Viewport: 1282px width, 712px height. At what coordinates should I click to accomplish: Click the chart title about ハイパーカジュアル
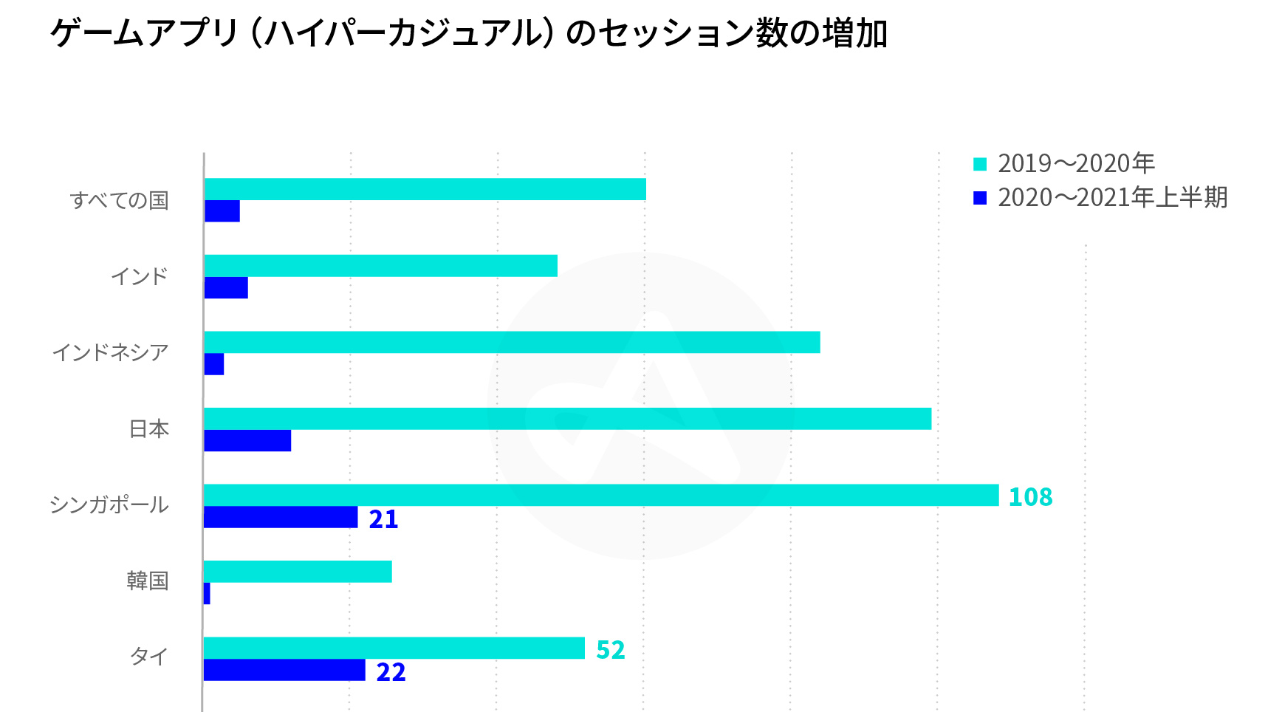click(468, 34)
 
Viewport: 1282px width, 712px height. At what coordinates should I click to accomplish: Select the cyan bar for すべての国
click(425, 189)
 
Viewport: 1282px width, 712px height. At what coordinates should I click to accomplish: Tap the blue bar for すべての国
click(222, 211)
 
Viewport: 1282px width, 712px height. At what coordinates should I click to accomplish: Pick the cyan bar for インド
click(380, 266)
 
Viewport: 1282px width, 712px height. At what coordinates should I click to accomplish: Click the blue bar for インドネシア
click(214, 364)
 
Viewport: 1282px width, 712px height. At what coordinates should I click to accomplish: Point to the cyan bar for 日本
click(567, 419)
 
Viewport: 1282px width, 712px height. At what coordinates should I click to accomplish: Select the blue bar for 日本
click(247, 440)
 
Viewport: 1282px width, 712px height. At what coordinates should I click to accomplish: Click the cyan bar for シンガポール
click(600, 495)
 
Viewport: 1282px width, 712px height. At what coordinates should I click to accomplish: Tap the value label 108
click(1030, 497)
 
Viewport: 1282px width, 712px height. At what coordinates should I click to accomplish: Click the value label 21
click(383, 519)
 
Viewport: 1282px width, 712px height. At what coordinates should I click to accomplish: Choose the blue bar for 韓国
click(207, 593)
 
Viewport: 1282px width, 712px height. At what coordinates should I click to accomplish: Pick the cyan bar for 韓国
click(298, 572)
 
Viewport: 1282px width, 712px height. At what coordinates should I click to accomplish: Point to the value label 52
click(610, 650)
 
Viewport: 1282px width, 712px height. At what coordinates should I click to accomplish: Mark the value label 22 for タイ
click(391, 672)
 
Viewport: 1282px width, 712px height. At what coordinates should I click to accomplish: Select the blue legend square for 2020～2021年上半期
click(980, 198)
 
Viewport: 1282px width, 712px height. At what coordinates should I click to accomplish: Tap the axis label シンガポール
click(109, 505)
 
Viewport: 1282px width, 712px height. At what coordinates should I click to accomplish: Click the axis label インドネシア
click(111, 353)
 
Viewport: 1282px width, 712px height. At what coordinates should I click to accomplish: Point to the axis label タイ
click(149, 656)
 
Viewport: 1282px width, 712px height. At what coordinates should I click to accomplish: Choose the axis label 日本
click(149, 429)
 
